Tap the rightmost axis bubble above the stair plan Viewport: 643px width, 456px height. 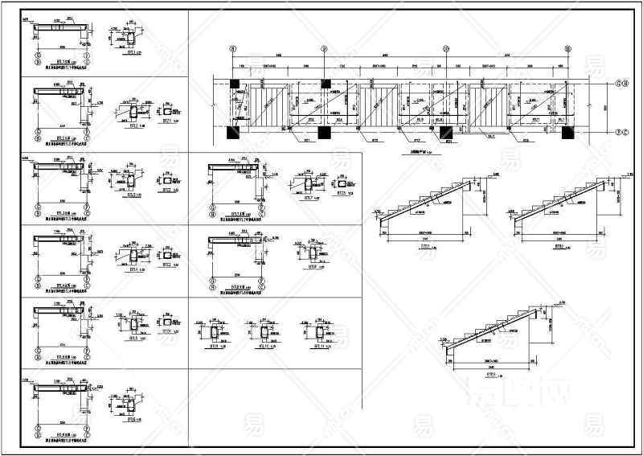point(567,48)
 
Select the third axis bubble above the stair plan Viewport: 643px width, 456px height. point(446,48)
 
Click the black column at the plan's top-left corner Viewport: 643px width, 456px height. point(234,83)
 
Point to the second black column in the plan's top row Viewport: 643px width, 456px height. point(325,83)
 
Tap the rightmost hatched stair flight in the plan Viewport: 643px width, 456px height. point(489,107)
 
